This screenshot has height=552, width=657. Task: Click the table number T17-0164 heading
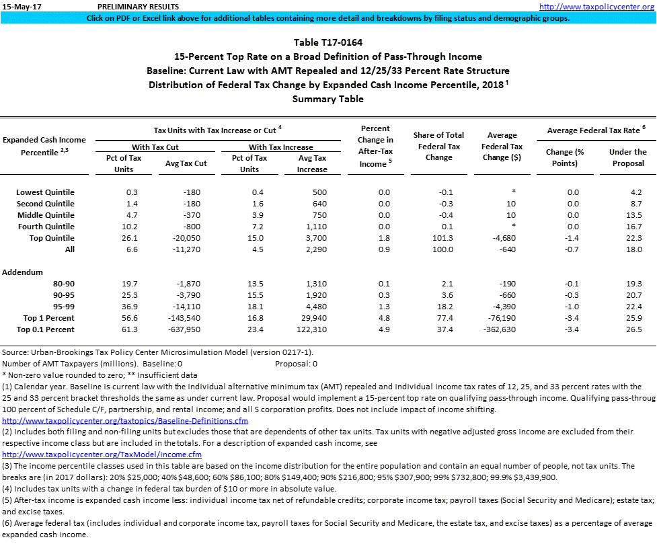tap(328, 42)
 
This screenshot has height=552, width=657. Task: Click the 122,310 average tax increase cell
tap(311, 329)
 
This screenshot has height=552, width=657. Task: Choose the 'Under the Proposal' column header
tap(627, 157)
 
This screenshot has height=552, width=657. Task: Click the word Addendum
tap(22, 272)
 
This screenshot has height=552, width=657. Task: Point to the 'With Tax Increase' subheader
tap(280, 147)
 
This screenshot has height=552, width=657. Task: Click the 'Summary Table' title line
tap(328, 99)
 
